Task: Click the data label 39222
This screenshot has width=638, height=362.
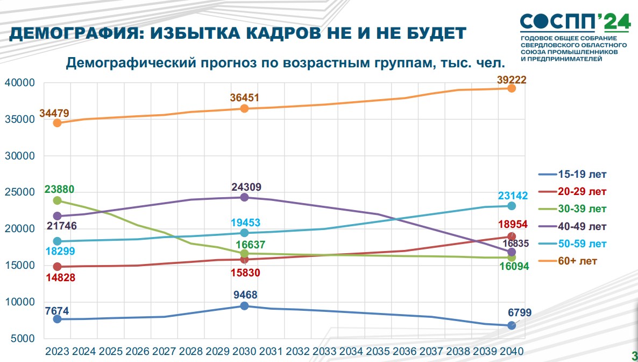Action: pos(512,80)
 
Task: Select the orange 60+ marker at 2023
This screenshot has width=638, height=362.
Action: pos(57,123)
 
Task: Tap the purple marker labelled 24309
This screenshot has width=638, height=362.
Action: pos(245,197)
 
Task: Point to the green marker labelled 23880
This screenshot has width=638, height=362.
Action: pos(57,200)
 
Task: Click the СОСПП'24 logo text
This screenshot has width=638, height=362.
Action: pos(575,22)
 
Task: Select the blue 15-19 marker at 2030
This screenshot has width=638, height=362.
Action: pos(245,306)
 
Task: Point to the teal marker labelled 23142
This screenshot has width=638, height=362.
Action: pos(512,206)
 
